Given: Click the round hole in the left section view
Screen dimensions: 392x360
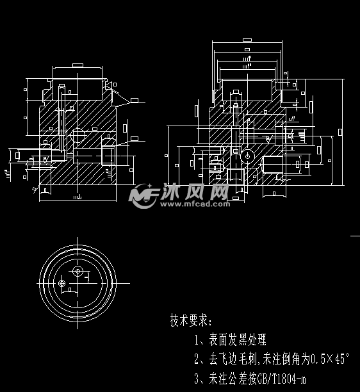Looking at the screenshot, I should [x=78, y=135].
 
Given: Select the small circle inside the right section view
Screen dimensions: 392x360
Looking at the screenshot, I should [x=247, y=155].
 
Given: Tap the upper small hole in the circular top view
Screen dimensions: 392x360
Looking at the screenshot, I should [x=78, y=271].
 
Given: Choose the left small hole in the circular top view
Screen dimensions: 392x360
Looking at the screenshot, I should [x=61, y=282].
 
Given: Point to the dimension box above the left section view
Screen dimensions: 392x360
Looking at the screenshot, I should [x=78, y=65].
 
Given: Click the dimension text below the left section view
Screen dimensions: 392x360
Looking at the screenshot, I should [x=77, y=200].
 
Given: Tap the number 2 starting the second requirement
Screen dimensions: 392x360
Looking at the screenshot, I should [x=197, y=359].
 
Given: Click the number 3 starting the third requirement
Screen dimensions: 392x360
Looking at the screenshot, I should [x=197, y=379].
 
